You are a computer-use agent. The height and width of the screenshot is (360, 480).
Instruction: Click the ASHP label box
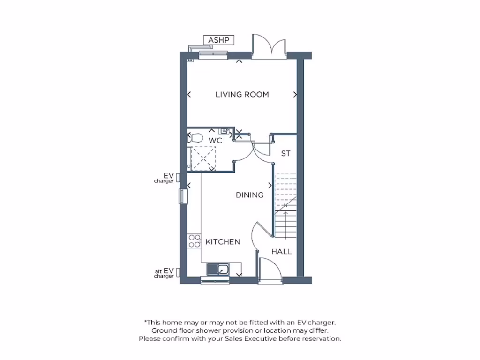(218, 40)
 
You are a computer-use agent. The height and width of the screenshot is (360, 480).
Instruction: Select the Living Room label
(242, 95)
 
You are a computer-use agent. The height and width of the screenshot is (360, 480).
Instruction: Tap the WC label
(215, 140)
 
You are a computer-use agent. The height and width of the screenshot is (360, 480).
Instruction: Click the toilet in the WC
(195, 138)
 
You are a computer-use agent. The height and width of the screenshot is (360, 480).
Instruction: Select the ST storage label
(285, 153)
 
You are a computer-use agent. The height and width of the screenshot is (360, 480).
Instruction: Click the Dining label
(249, 195)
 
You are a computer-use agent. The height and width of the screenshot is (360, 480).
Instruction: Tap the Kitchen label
(223, 242)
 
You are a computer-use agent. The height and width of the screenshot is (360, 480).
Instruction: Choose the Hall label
(282, 252)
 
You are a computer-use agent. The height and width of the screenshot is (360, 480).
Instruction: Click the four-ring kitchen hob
(194, 241)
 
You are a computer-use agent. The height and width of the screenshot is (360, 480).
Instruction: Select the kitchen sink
(217, 270)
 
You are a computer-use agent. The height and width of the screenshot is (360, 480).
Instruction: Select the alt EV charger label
(165, 273)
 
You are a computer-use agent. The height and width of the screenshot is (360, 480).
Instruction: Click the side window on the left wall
(182, 196)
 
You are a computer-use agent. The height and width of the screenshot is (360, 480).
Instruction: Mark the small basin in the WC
(226, 131)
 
